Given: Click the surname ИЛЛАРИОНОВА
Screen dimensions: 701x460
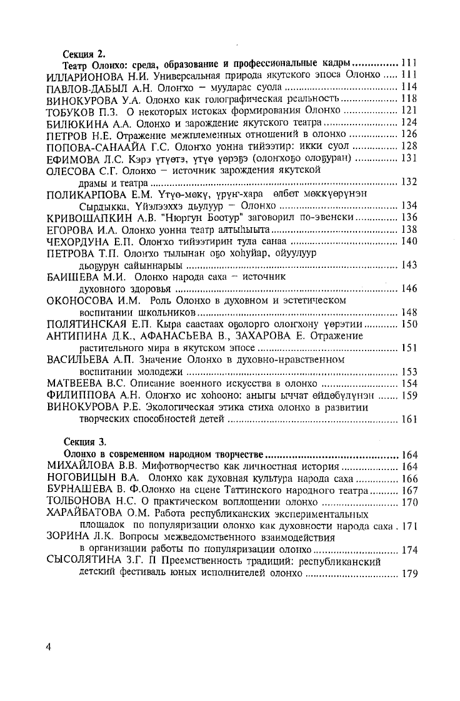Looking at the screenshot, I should pyautogui.click(x=87, y=76).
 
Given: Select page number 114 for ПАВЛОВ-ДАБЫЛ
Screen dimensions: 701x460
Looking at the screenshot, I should pyautogui.click(x=409, y=88).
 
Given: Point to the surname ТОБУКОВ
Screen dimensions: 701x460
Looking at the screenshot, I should pyautogui.click(x=74, y=111).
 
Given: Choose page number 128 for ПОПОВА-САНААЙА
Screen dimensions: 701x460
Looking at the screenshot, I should pyautogui.click(x=409, y=146).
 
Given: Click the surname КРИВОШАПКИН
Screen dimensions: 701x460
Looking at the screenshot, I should pyautogui.click(x=91, y=217).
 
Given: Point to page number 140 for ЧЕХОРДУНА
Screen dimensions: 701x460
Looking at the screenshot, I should pyautogui.click(x=409, y=241).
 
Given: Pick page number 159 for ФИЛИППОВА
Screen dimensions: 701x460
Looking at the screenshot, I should pyautogui.click(x=409, y=395).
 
